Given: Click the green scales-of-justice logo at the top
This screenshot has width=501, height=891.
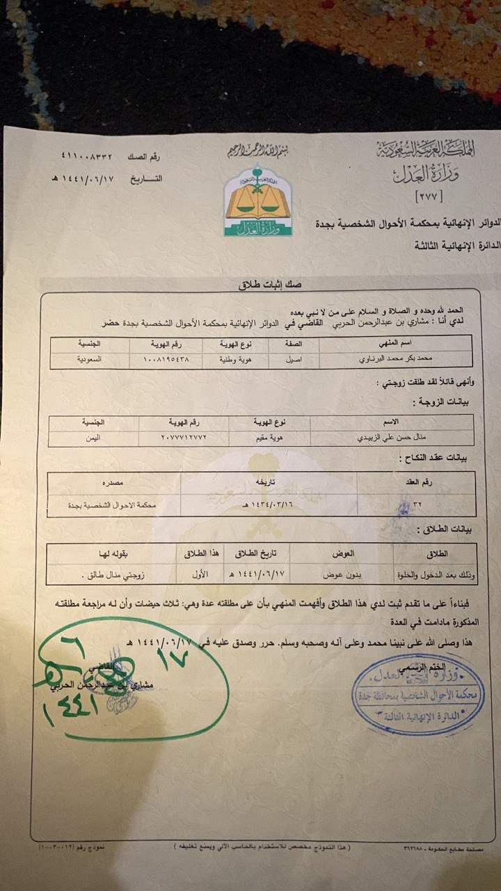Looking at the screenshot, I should (248, 200).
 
